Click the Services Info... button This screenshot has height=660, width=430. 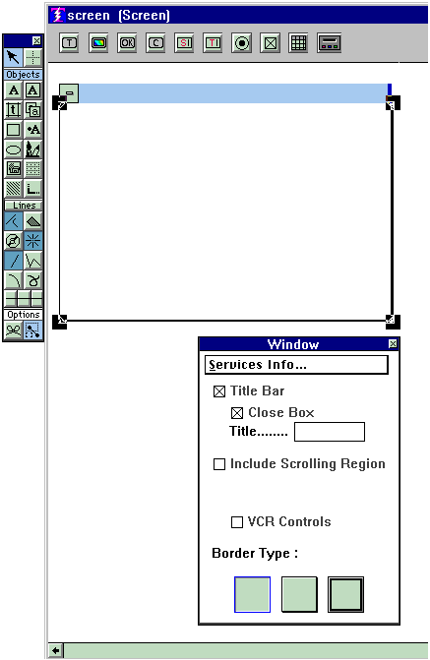(x=296, y=365)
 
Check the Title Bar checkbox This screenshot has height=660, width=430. (x=219, y=391)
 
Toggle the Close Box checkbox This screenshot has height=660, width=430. (x=237, y=413)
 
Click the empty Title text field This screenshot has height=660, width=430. (x=330, y=432)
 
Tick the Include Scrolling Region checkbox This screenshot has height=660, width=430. (x=219, y=464)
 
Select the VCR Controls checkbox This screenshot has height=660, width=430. (x=237, y=522)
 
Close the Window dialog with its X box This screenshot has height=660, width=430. (x=393, y=344)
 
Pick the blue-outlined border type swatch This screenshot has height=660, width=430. (x=252, y=594)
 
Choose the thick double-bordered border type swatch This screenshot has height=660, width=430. (x=345, y=594)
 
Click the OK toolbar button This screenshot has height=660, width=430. (x=127, y=43)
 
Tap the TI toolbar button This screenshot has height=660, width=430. (x=213, y=43)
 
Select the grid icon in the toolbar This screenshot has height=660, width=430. (x=298, y=43)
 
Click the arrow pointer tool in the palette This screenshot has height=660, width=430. (x=13, y=57)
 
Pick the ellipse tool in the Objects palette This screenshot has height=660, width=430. (x=13, y=150)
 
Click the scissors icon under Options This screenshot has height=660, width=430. (x=13, y=330)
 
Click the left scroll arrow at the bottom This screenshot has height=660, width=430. (x=55, y=651)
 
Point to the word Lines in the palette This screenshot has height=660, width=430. (x=25, y=206)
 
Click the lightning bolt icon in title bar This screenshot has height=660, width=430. (x=57, y=15)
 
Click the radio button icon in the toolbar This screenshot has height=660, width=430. (x=241, y=43)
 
